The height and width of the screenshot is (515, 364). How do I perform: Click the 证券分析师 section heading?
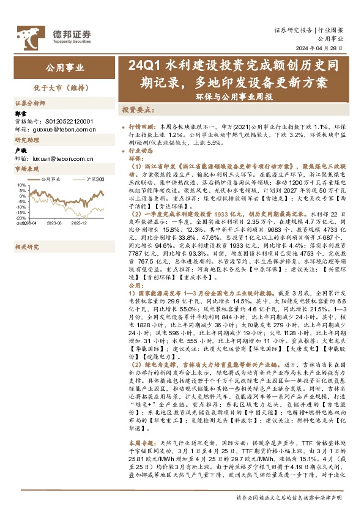click(29, 103)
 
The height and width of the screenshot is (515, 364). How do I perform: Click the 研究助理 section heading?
click(26, 141)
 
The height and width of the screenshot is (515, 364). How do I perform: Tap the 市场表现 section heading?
click(26, 169)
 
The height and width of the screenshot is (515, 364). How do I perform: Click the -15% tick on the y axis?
click(20, 212)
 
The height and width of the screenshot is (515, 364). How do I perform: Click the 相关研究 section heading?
click(26, 246)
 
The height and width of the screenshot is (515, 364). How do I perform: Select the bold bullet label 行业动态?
click(143, 150)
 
